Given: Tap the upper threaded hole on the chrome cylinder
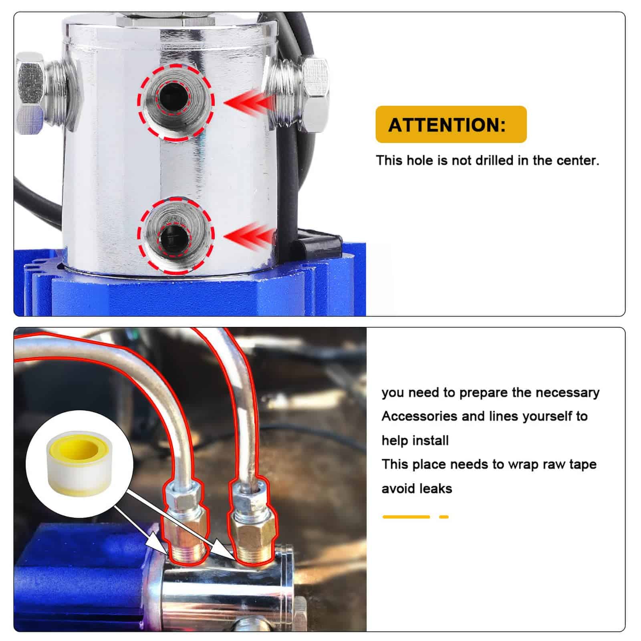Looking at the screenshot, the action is pyautogui.click(x=176, y=102).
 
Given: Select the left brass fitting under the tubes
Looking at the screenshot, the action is pyautogui.click(x=187, y=533).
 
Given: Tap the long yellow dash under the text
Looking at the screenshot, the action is pyautogui.click(x=406, y=517).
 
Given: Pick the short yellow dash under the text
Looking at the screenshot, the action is pyautogui.click(x=444, y=517).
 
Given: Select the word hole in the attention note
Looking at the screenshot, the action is pyautogui.click(x=420, y=161).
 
